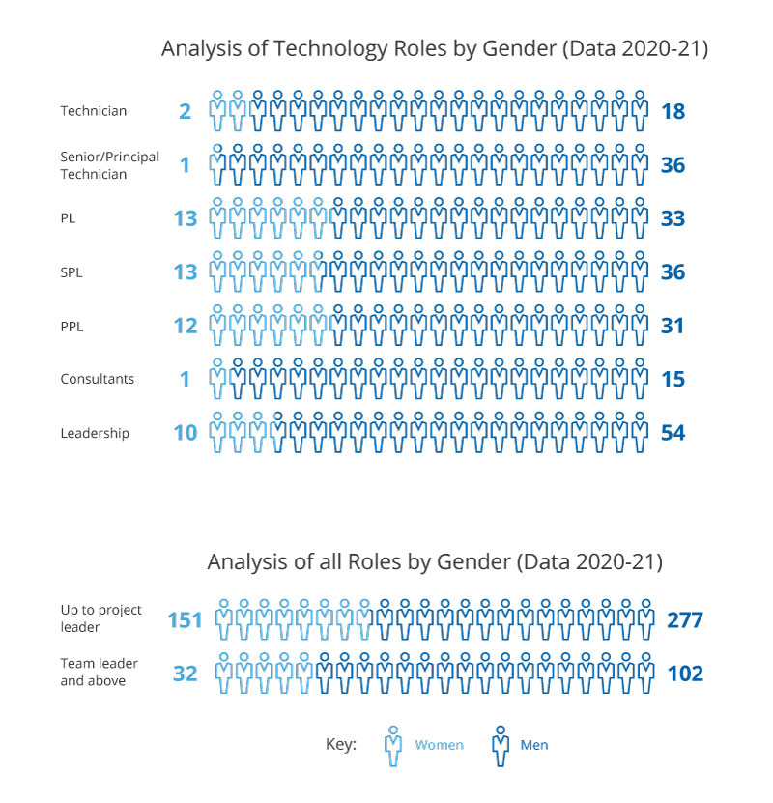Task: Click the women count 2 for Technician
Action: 185,112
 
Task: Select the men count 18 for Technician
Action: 673,112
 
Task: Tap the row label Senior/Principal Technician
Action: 109,165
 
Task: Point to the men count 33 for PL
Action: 673,218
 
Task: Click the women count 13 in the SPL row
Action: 185,272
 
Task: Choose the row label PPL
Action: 72,327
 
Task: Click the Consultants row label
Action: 96,379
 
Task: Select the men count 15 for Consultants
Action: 673,380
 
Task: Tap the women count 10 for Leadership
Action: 185,433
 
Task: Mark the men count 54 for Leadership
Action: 673,433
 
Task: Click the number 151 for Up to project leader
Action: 185,619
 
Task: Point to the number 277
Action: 684,619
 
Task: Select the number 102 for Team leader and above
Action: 684,674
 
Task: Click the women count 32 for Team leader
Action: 185,674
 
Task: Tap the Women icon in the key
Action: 393,745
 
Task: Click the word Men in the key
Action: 533,745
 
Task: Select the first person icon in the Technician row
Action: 217,111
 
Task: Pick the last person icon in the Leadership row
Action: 640,432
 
